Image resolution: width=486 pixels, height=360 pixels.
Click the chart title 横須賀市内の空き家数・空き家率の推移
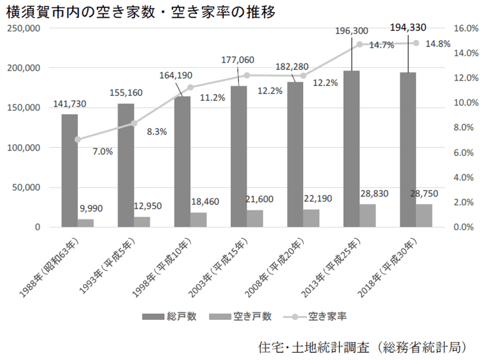(141, 13)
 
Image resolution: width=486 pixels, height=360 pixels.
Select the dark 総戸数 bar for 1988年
(70, 171)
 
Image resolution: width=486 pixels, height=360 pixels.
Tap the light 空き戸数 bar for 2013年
(368, 216)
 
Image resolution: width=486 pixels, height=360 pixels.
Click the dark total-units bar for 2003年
(238, 157)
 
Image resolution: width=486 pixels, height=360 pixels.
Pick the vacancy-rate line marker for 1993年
(134, 123)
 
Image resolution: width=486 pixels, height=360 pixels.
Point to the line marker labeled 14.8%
(416, 43)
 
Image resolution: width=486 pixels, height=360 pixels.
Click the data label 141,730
(70, 104)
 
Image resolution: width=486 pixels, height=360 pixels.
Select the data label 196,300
(352, 31)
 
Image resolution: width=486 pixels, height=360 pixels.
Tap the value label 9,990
(91, 209)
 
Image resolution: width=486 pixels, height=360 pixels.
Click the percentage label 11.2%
(212, 98)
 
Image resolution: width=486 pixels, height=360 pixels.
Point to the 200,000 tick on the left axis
(24, 68)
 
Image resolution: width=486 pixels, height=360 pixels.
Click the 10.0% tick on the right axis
(466, 103)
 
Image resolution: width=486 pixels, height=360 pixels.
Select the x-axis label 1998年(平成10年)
(162, 268)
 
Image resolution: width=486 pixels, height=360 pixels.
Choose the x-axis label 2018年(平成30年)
(387, 268)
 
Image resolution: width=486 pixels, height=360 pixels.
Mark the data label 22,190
(318, 199)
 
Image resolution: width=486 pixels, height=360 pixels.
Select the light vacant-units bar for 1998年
(198, 220)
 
